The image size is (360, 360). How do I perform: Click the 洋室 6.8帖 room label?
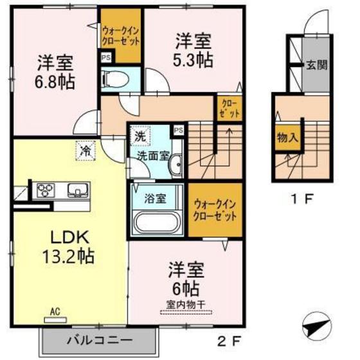pos(54,72)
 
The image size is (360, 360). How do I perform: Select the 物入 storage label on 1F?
pos(285,138)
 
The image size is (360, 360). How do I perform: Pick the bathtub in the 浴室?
pos(157,222)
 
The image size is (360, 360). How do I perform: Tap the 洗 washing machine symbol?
pos(139,136)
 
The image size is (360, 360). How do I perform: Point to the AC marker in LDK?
pos(56,312)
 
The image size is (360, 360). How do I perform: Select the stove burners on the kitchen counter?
pos(47,190)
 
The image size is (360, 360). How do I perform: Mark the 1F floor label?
pos(302,198)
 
